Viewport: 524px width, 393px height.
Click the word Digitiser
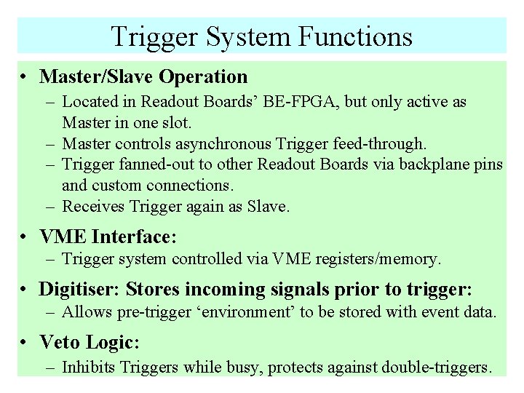[x=79, y=289]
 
